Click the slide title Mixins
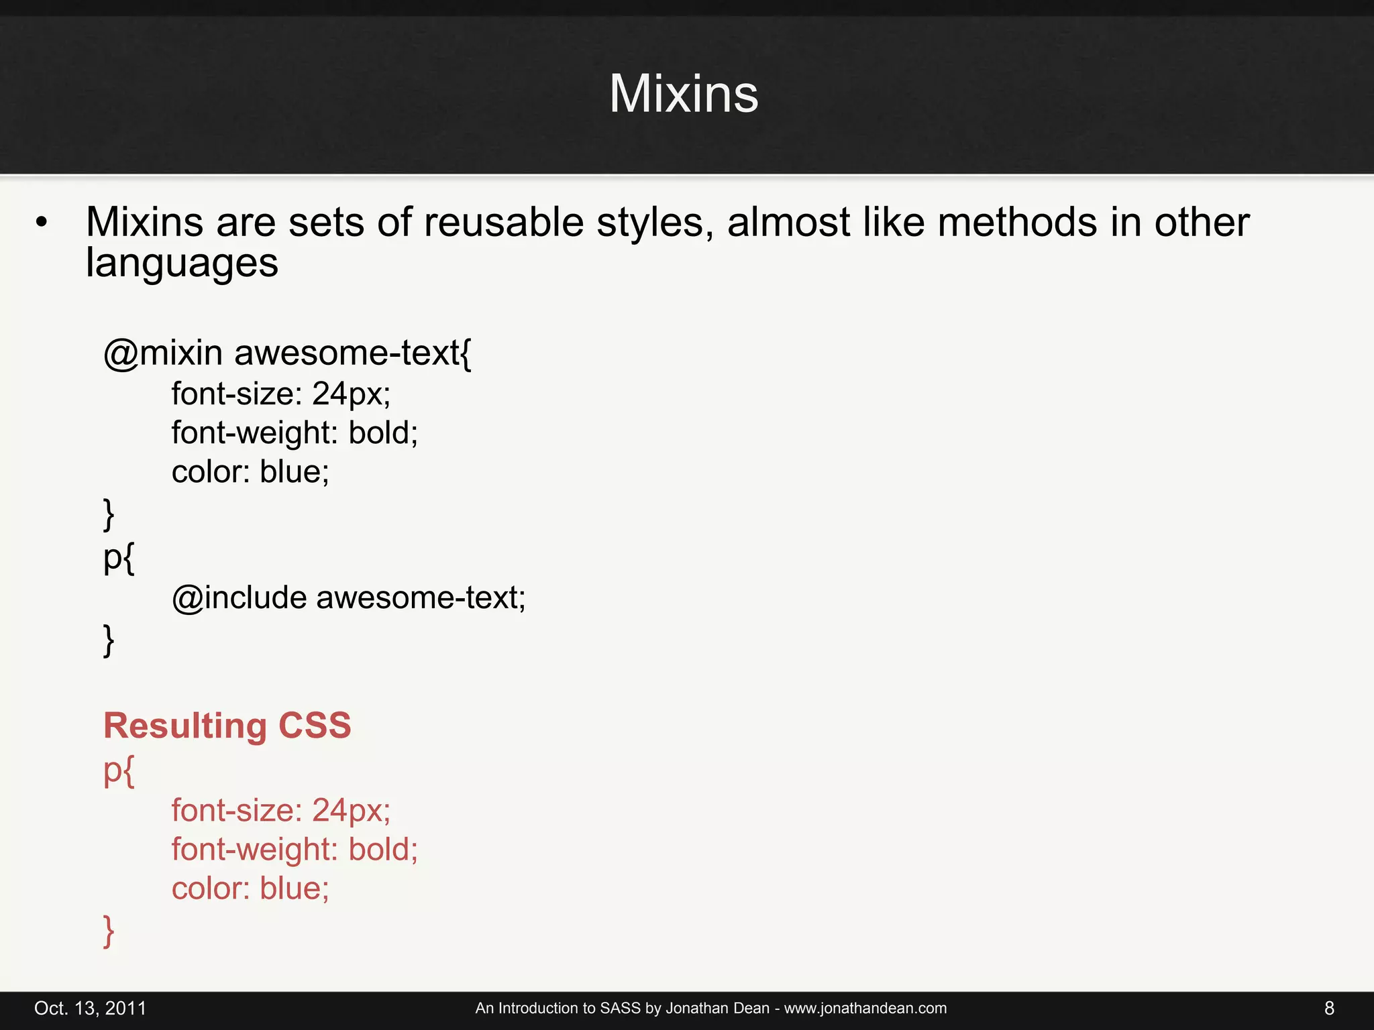click(684, 94)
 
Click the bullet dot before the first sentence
click(42, 223)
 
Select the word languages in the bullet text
click(182, 263)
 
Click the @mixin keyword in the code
click(163, 353)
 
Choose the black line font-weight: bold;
click(295, 433)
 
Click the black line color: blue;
click(250, 471)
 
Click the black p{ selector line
click(119, 558)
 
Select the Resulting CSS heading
click(227, 726)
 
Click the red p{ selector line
click(119, 772)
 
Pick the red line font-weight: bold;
click(295, 850)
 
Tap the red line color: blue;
click(250, 889)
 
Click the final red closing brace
click(109, 931)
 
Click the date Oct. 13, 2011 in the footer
click(90, 1009)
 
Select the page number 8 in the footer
click(1329, 1009)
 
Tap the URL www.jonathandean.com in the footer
click(865, 1009)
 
